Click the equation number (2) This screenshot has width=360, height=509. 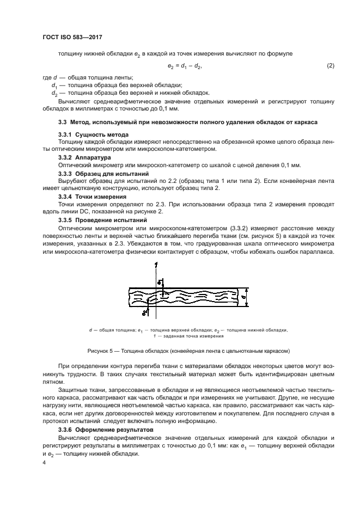coord(330,66)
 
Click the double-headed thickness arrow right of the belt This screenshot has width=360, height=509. coord(246,298)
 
